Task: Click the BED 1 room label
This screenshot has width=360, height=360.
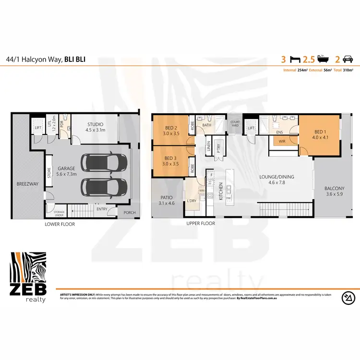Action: pos(319,132)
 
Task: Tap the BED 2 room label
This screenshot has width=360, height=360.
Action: pos(171,127)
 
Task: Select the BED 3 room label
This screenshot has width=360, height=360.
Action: pos(171,158)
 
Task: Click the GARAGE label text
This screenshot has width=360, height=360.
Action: pos(66,169)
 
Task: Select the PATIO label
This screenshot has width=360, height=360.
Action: pos(165,197)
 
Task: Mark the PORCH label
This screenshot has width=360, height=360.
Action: pos(129,213)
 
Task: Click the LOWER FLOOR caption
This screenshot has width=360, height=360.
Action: pos(60,224)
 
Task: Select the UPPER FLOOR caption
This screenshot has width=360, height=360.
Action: pos(200,224)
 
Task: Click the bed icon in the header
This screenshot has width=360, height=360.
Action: pos(294,60)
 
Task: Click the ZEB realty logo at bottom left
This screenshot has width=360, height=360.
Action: pos(28,276)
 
